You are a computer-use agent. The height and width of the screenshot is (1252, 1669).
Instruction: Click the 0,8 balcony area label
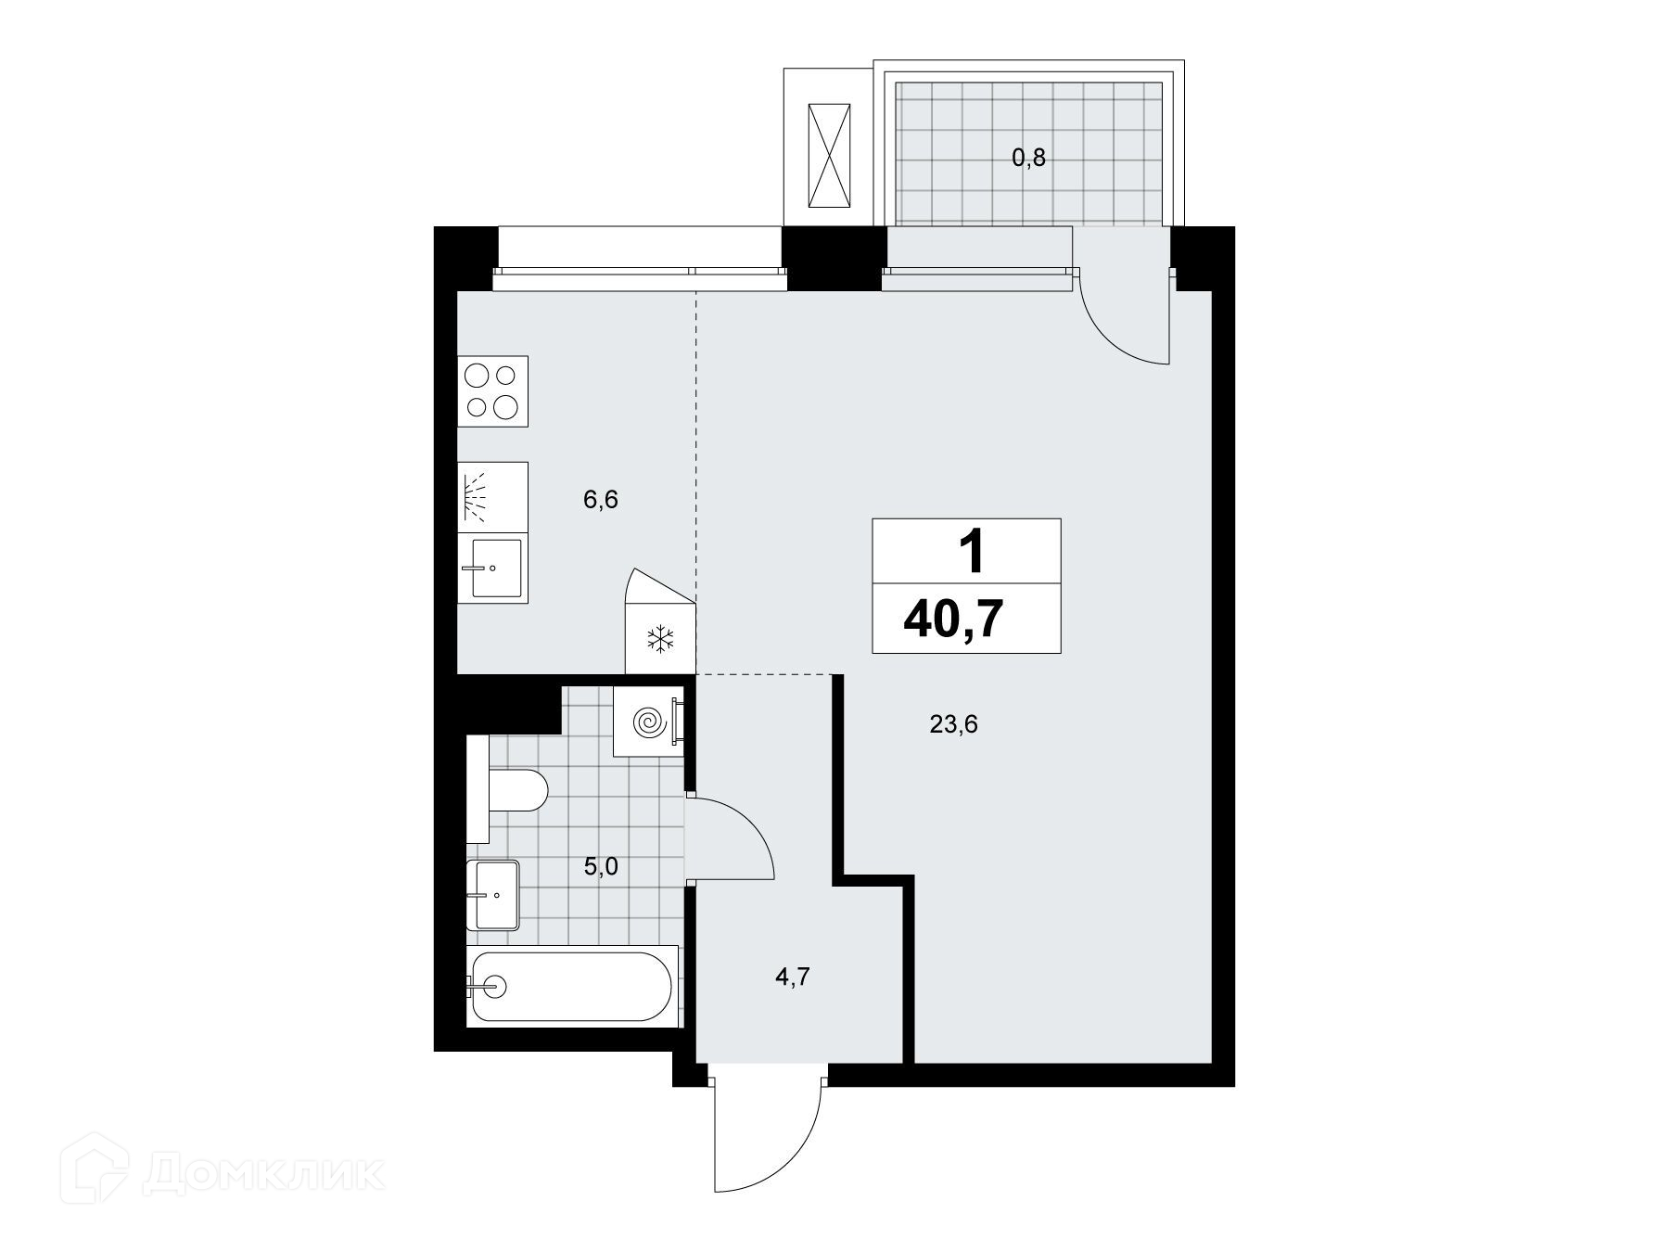click(1028, 158)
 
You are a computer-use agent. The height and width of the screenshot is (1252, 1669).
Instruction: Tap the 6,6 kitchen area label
click(601, 501)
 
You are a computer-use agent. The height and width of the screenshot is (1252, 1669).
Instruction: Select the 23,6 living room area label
click(954, 724)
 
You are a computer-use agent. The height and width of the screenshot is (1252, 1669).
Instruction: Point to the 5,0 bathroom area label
click(601, 867)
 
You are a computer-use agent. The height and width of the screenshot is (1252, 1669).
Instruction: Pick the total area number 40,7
click(954, 620)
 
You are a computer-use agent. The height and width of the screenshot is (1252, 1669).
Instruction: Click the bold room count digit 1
click(971, 555)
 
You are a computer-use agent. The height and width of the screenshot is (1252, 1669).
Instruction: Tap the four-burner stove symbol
click(493, 391)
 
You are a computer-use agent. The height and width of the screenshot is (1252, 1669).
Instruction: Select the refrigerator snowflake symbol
click(660, 639)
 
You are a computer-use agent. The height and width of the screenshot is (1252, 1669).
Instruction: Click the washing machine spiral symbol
click(648, 722)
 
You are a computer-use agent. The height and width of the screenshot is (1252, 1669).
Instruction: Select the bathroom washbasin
click(493, 895)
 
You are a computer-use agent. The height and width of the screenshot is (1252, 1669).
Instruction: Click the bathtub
click(573, 986)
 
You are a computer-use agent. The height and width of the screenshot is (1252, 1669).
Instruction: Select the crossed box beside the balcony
click(829, 155)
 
